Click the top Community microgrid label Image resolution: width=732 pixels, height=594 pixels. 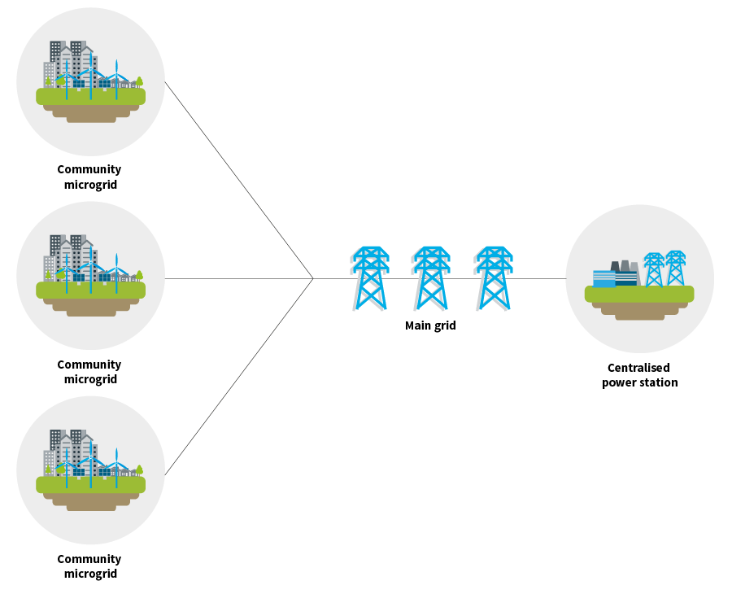click(x=89, y=177)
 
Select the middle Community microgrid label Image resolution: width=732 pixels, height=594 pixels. click(x=89, y=372)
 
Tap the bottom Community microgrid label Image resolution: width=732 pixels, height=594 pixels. click(x=89, y=566)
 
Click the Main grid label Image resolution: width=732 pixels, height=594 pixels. click(x=430, y=326)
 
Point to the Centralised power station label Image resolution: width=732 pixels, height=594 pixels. click(x=639, y=375)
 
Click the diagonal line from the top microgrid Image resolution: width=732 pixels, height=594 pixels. click(x=239, y=180)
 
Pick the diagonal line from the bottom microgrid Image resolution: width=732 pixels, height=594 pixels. click(x=239, y=376)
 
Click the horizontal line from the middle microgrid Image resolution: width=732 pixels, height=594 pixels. click(x=236, y=278)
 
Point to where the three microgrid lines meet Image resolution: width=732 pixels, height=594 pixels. click(x=313, y=278)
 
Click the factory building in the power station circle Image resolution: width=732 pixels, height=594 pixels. click(x=616, y=274)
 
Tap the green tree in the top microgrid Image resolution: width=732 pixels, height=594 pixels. click(x=139, y=82)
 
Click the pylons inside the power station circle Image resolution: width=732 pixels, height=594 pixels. click(x=664, y=269)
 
